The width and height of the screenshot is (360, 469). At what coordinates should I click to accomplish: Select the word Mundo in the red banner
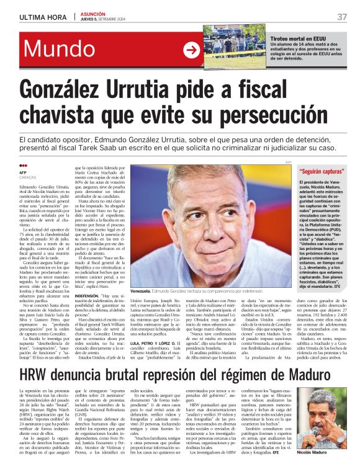pyautogui.click(x=66, y=49)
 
